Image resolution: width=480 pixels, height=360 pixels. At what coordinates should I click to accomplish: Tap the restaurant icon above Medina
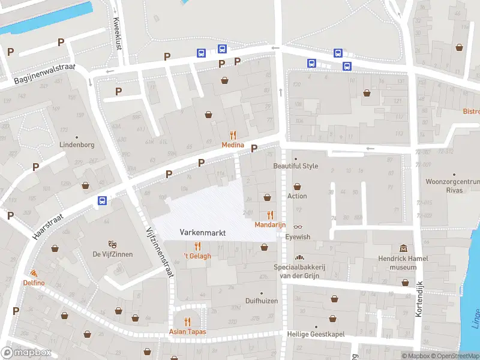[233, 135]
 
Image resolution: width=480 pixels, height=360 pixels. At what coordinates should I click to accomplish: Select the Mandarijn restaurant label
[270, 224]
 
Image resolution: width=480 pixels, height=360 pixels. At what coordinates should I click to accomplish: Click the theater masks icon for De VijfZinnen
[112, 244]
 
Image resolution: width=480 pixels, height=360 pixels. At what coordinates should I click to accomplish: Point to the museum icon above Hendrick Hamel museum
[403, 249]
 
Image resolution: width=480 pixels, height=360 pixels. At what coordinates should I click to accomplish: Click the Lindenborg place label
[77, 145]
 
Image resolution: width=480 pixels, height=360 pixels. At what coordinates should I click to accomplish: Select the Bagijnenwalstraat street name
[44, 74]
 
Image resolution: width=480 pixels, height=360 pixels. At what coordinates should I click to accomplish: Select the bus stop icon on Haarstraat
[103, 201]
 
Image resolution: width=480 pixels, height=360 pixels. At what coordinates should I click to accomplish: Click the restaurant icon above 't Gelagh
[197, 246]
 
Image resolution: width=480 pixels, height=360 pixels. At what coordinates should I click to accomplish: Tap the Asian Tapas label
[188, 332]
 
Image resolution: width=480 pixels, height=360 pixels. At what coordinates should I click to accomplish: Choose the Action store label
[297, 196]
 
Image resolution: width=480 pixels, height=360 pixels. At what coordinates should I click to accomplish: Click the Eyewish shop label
[298, 237]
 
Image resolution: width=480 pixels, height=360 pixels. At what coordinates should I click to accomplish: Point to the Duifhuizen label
[262, 301]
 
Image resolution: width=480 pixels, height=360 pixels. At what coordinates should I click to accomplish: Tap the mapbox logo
[27, 352]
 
